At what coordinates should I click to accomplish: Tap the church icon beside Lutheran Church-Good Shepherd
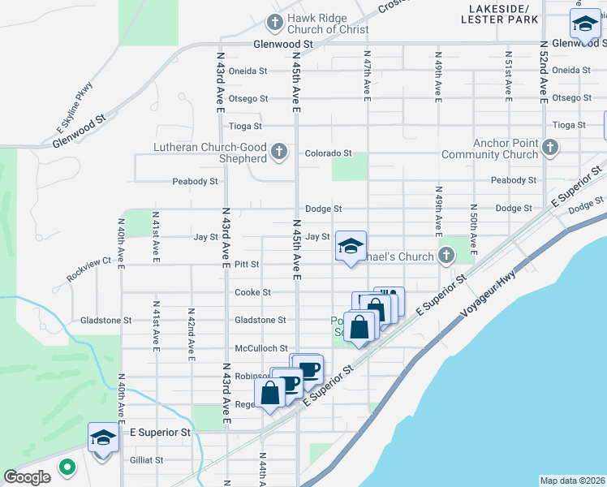pyautogui.click(x=279, y=152)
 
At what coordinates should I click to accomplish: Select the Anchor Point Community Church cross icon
pyautogui.click(x=550, y=148)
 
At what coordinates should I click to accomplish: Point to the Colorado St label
pyautogui.click(x=328, y=153)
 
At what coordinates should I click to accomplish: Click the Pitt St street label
pyautogui.click(x=246, y=265)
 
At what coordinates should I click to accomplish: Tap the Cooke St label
pyautogui.click(x=252, y=292)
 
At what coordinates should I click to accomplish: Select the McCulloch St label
pyautogui.click(x=260, y=348)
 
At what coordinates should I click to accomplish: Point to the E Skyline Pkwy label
pyautogui.click(x=75, y=106)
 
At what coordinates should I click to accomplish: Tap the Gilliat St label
pyautogui.click(x=147, y=460)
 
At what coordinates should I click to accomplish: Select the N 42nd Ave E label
pyautogui.click(x=191, y=334)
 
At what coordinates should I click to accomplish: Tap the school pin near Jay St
pyautogui.click(x=350, y=247)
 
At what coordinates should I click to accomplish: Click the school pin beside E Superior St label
pyautogui.click(x=103, y=438)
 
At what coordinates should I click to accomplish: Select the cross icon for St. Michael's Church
pyautogui.click(x=446, y=256)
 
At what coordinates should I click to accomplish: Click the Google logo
pyautogui.click(x=28, y=477)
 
